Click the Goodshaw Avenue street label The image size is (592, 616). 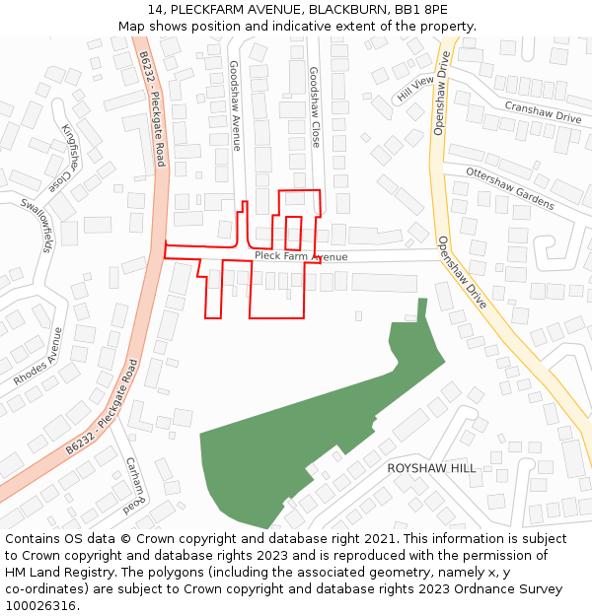click(235, 105)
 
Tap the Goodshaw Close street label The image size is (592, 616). click(315, 107)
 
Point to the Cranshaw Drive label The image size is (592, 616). click(543, 110)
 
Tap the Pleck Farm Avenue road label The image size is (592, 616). click(301, 256)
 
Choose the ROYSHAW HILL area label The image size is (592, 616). click(431, 468)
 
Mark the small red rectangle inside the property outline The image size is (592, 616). click(293, 234)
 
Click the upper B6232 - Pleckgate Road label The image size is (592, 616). click(152, 108)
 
